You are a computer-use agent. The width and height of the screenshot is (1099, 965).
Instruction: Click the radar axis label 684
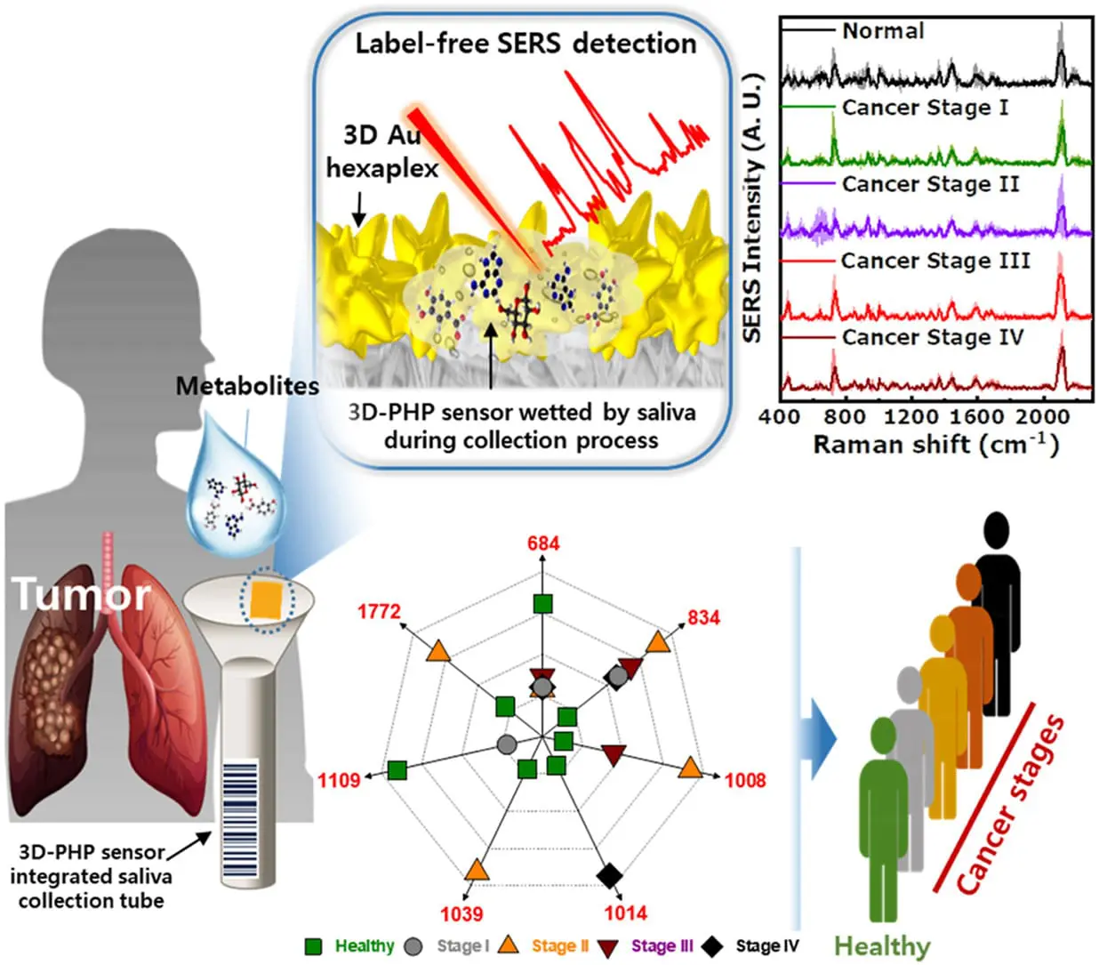[543, 543]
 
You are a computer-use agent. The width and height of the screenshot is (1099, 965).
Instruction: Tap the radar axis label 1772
[379, 612]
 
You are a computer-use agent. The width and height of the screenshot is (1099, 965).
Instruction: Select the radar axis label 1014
[625, 913]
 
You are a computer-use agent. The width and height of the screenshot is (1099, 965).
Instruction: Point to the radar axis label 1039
[461, 913]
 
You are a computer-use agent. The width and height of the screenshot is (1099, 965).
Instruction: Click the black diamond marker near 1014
[609, 876]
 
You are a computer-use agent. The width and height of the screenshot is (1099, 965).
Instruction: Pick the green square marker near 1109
[397, 770]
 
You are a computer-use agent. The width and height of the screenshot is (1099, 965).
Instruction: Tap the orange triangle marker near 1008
[689, 768]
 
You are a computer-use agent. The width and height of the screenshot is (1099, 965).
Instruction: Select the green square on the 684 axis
[542, 605]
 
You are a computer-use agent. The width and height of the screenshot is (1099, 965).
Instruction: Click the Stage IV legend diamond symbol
[711, 946]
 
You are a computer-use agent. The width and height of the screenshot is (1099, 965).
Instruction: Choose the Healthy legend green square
[313, 946]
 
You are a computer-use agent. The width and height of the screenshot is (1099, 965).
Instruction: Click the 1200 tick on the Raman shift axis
[910, 416]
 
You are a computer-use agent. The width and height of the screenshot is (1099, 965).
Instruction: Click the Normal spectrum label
[883, 31]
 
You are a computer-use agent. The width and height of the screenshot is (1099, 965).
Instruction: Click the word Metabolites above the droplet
[247, 386]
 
